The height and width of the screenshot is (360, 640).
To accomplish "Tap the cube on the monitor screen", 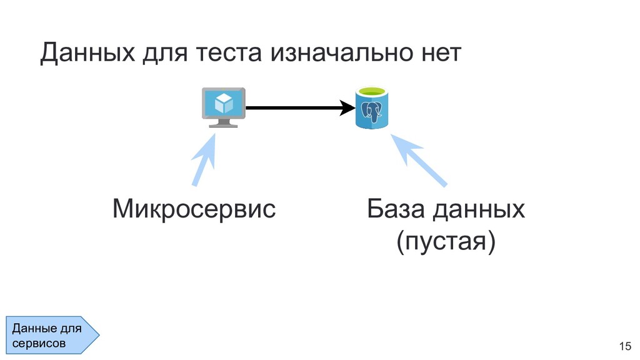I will pos(222,102).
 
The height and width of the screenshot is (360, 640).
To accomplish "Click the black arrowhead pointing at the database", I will pos(347,108).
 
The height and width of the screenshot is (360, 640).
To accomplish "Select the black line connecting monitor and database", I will pos(294,108).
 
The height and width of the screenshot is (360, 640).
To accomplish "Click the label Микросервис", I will pos(194,209).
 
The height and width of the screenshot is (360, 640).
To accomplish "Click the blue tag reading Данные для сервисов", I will pos(51,335).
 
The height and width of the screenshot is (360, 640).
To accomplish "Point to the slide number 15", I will pos(624,346).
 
